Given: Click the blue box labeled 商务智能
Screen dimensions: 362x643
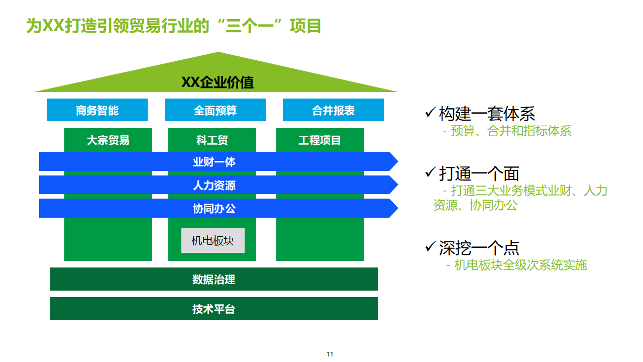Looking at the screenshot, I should [97, 110].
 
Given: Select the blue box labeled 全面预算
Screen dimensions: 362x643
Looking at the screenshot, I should [215, 110].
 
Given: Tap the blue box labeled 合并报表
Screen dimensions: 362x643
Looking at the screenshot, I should [333, 110].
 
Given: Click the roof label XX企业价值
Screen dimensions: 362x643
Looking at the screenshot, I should [217, 82].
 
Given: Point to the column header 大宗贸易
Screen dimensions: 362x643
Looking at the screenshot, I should [108, 140].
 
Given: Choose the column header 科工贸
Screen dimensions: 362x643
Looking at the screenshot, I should [212, 140].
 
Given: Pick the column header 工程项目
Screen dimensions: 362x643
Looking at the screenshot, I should [320, 140].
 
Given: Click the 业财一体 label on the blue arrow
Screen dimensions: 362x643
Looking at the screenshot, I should [214, 162].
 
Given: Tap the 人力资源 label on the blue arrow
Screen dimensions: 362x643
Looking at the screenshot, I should [214, 186].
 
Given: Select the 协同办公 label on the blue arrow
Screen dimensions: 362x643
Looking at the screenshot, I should [214, 209].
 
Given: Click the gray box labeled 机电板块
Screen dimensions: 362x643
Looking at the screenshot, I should [213, 241].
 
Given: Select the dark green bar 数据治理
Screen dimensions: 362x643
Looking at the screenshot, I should [213, 280].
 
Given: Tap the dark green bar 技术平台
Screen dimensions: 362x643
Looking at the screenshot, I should [213, 309].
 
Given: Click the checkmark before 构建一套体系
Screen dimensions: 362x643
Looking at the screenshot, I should [430, 113].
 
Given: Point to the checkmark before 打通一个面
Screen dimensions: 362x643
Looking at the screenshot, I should [430, 172].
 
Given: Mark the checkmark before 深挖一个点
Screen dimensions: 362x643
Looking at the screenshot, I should [430, 247].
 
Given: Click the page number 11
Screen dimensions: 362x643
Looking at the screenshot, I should [330, 354].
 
